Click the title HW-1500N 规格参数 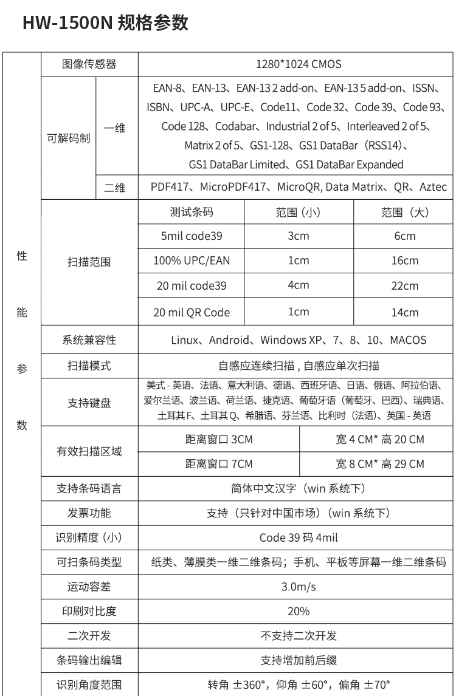(x=105, y=23)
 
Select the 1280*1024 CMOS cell (x=298, y=64)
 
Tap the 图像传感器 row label (x=89, y=64)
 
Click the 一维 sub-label (x=115, y=128)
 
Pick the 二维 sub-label (x=115, y=188)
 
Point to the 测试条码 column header (x=192, y=212)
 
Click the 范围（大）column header (x=405, y=212)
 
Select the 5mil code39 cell (x=191, y=236)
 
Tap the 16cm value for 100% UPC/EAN (x=405, y=261)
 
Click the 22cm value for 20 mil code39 (x=405, y=285)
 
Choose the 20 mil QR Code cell (x=191, y=312)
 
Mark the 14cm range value (x=405, y=312)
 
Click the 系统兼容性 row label (x=89, y=339)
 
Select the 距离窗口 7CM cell (x=219, y=464)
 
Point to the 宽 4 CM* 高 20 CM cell (x=380, y=439)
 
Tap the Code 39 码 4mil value (x=298, y=537)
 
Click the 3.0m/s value (x=298, y=587)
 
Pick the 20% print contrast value (x=298, y=611)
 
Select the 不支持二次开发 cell (x=298, y=636)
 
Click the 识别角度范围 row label (x=89, y=684)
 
